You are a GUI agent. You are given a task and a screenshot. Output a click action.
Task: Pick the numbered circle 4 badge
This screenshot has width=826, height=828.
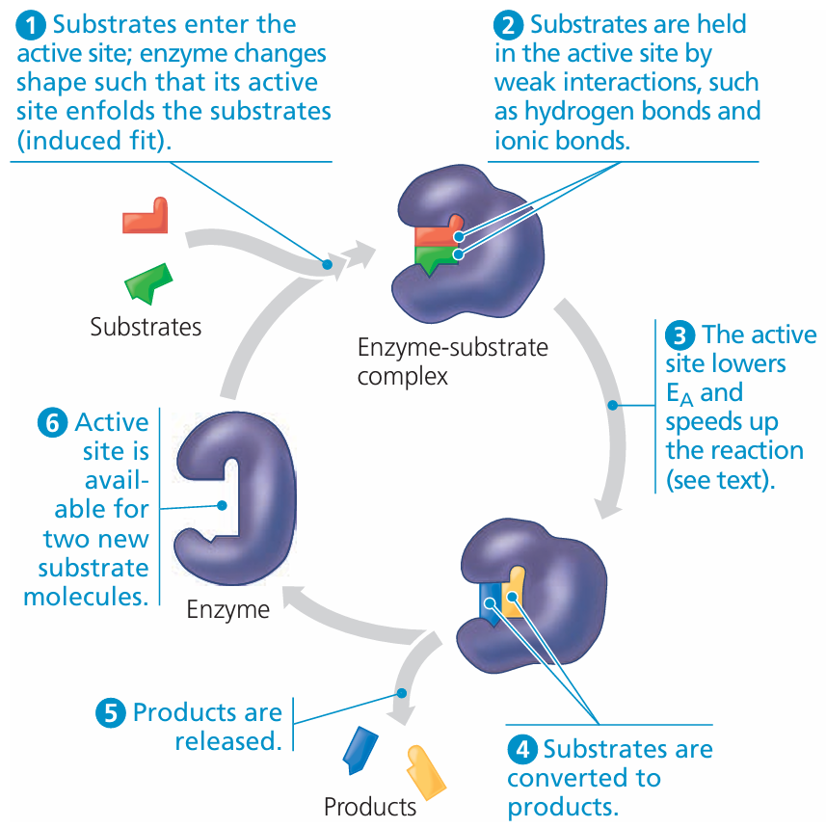522,749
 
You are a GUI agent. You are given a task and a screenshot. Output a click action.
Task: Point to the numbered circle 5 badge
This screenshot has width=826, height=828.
111,713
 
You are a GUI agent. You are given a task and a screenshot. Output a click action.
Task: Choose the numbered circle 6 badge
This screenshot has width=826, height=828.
53,422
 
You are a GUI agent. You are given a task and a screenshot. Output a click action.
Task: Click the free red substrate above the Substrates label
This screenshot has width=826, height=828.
146,217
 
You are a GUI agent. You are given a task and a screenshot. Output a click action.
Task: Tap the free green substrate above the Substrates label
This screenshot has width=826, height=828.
148,281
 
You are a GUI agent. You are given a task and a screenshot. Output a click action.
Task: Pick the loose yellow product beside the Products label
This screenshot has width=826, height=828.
425,769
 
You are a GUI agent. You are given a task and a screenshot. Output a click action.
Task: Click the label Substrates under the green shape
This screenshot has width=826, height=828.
146,327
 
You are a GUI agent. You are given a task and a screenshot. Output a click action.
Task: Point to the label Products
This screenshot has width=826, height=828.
370,806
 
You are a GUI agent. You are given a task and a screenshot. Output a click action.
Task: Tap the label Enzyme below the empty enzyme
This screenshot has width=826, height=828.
228,609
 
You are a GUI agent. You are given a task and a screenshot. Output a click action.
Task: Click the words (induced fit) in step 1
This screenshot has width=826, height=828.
95,141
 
